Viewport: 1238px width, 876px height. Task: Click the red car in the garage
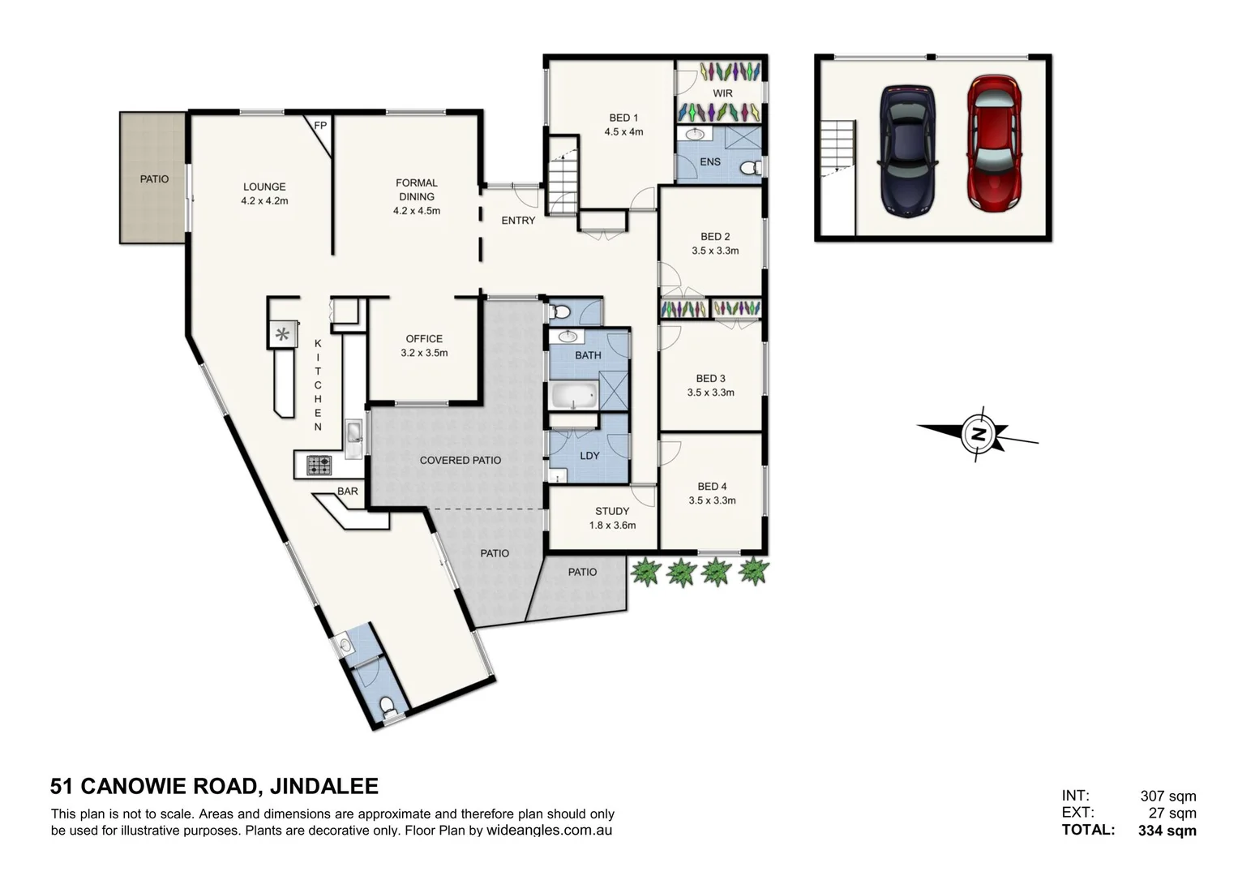pos(994,143)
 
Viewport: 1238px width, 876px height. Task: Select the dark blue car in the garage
pos(908,151)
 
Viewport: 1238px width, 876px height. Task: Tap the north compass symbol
pos(979,434)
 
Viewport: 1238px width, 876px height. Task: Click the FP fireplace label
pos(320,126)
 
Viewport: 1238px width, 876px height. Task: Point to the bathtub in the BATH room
pos(574,396)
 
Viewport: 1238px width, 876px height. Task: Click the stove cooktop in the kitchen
pos(319,466)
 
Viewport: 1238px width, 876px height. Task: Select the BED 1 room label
pos(623,118)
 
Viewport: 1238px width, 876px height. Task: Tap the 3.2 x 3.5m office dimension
pos(424,353)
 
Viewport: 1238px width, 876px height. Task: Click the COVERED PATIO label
pos(460,460)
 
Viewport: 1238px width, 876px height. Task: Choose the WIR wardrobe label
pos(722,94)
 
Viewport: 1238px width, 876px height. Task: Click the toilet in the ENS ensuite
pos(751,168)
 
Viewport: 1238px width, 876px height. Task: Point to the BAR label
pos(348,492)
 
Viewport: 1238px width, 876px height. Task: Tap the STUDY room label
pos(612,511)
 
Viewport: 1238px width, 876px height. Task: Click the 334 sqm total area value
pos(1167,830)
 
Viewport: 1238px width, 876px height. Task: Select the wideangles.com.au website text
pos(549,831)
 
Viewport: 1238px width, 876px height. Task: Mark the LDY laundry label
pos(589,456)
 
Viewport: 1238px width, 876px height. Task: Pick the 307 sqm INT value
pos(1167,797)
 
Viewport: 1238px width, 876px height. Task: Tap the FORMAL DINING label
pos(417,190)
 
